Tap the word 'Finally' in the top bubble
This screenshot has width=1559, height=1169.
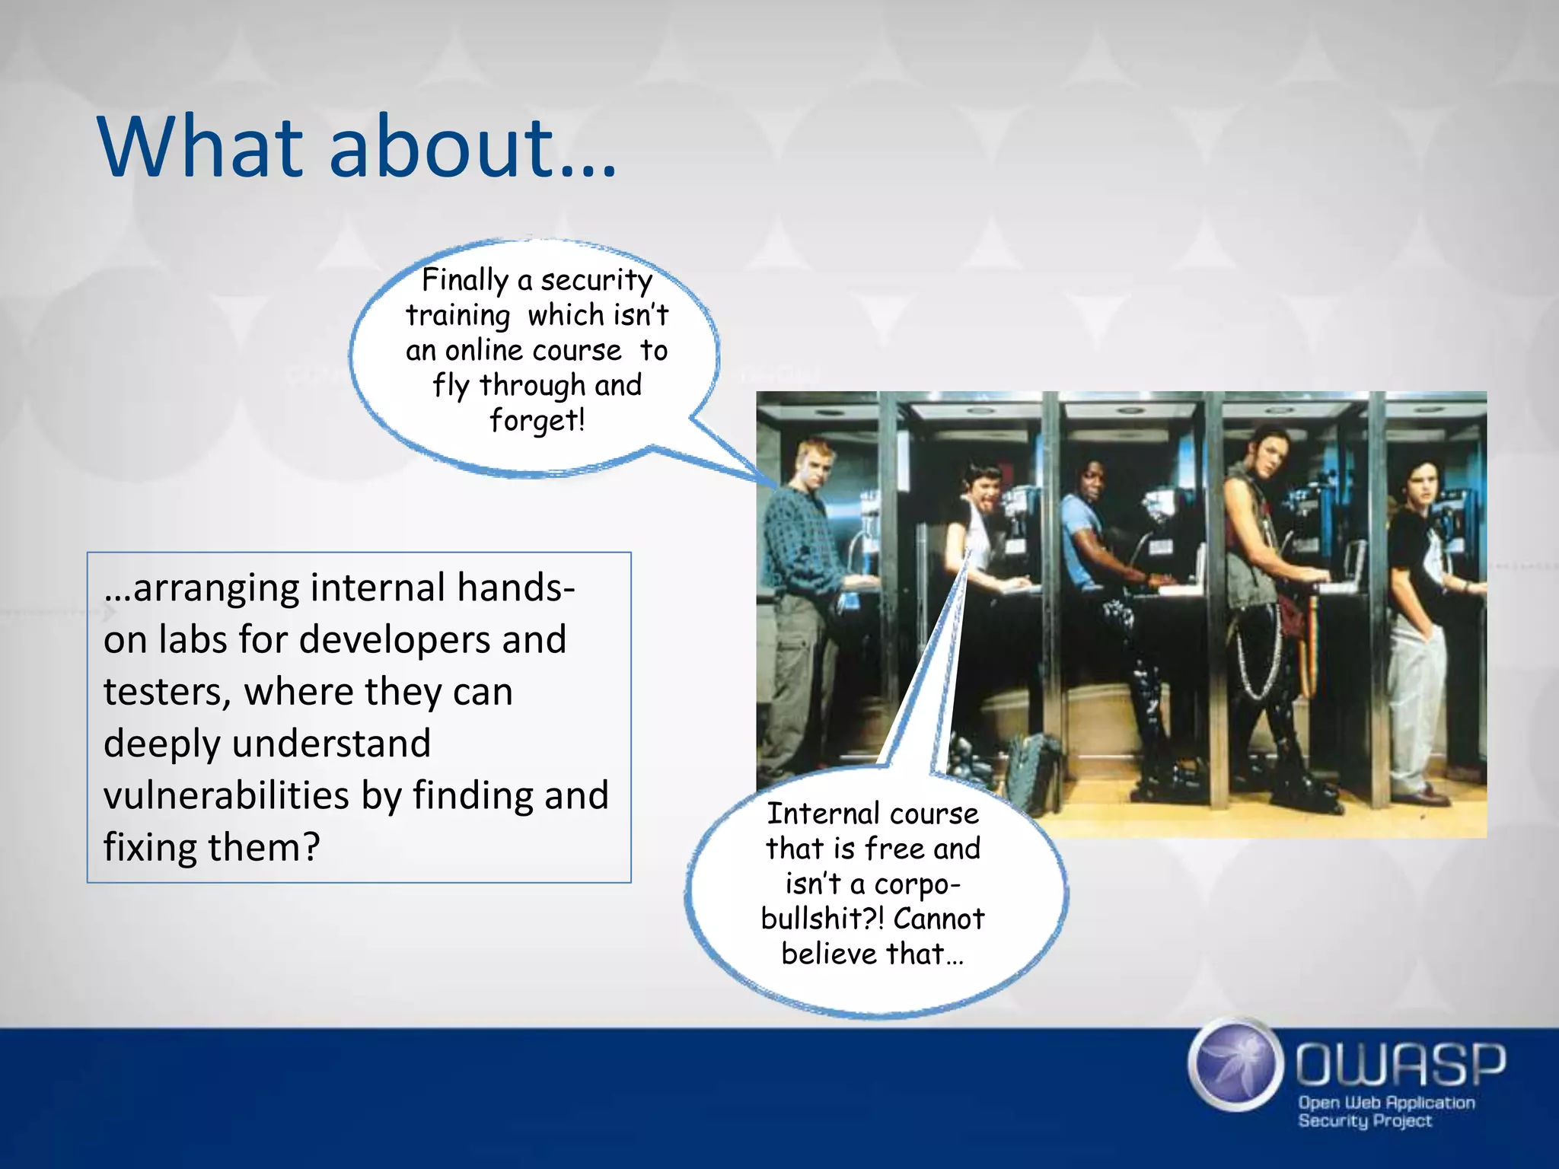pyautogui.click(x=464, y=280)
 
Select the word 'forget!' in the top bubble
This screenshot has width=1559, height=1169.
pyautogui.click(x=537, y=420)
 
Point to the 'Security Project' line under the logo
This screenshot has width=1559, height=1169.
pyautogui.click(x=1364, y=1120)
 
